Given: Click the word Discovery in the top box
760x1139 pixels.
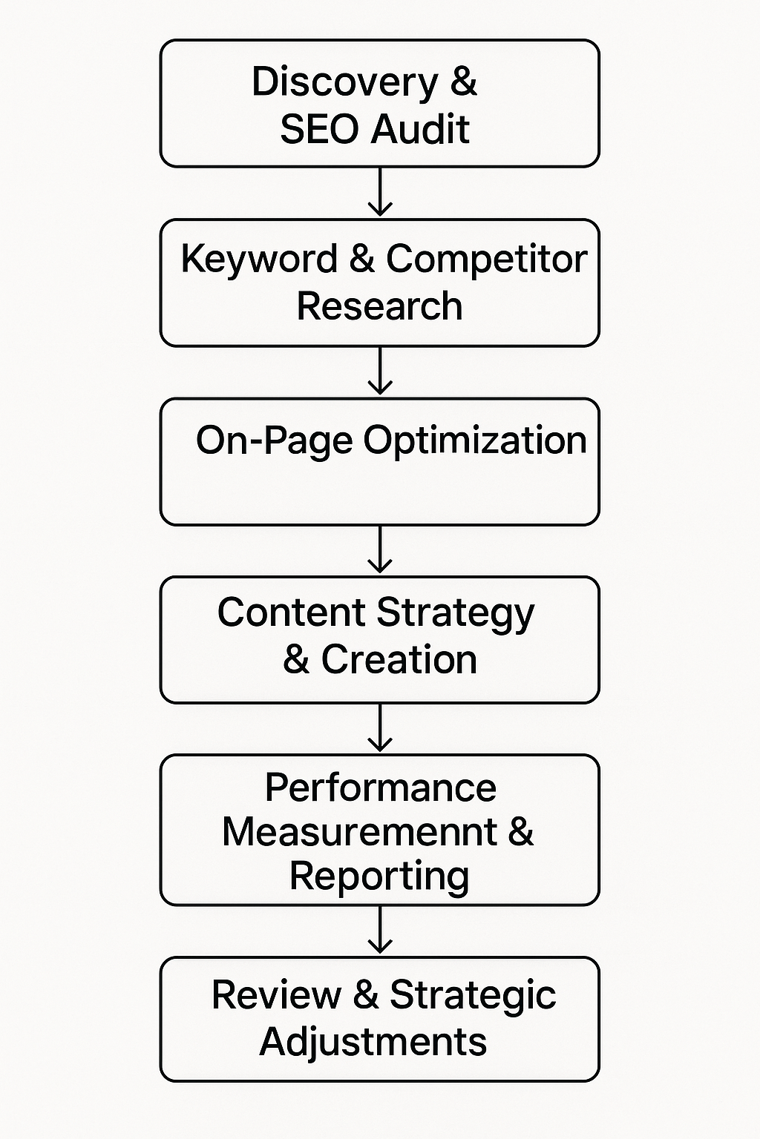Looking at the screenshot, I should [344, 82].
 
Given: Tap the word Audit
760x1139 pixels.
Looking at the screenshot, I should [420, 129].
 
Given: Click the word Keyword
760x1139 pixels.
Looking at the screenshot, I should [259, 260].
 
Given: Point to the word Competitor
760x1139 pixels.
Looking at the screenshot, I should [486, 259].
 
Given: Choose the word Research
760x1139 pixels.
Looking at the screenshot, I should [379, 306].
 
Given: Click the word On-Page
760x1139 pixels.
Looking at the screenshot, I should [274, 440].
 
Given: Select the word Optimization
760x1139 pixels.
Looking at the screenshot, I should [475, 440].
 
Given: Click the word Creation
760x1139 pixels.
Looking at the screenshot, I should [399, 659].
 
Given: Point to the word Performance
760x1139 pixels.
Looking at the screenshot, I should [380, 788].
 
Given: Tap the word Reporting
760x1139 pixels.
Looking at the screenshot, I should [379, 877].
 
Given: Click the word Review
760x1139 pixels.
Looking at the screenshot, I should [275, 995].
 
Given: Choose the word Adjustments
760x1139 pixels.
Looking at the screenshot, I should [373, 1043].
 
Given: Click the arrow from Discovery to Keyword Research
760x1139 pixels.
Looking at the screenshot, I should [380, 191].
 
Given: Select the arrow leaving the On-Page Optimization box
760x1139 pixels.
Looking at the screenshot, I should [380, 549].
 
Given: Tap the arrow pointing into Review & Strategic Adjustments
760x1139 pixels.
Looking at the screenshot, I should [380, 930].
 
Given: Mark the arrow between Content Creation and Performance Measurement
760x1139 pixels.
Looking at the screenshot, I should [380, 727].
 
